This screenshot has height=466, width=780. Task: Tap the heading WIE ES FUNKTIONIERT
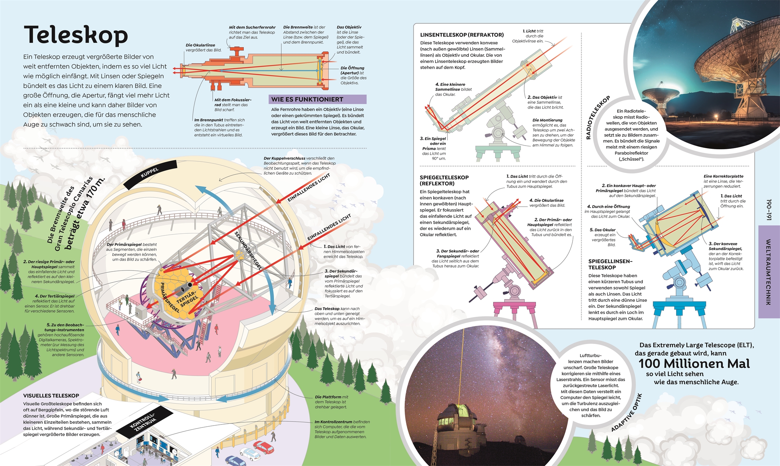coord(307,99)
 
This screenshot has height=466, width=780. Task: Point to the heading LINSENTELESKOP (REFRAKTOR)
coord(462,35)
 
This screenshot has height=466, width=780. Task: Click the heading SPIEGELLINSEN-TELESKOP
coord(610,264)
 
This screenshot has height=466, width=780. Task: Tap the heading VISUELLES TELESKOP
coord(51,396)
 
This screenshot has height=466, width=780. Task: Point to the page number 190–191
coord(768,210)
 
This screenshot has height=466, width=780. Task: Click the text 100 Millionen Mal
coord(694,364)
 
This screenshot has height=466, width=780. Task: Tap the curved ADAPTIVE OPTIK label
coord(627,413)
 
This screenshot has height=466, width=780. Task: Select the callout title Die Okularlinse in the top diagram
coord(200,45)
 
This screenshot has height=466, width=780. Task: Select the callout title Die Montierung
coord(547,120)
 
